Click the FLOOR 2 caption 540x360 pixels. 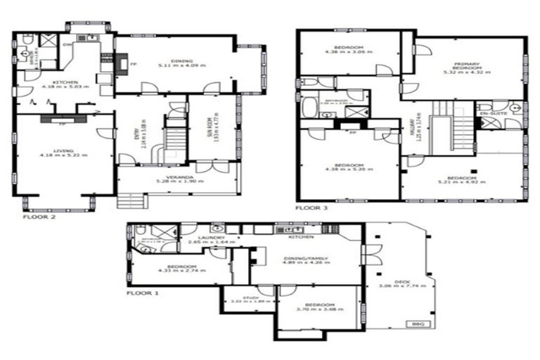tap(35, 217)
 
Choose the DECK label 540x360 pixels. tap(401, 281)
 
